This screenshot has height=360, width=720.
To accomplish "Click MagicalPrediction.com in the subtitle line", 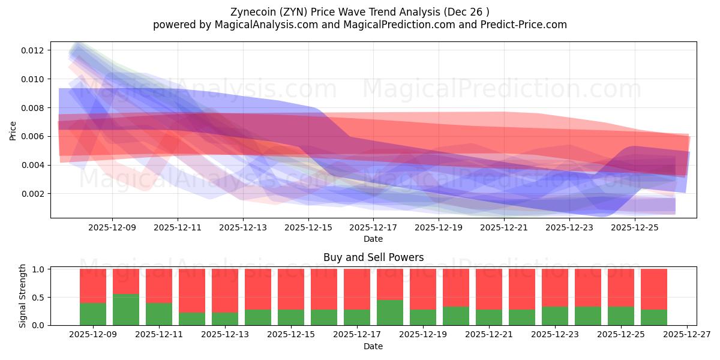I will tap(389, 25).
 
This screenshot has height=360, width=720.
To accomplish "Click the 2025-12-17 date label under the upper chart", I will tap(373, 228).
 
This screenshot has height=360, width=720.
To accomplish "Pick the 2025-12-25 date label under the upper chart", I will tap(635, 228).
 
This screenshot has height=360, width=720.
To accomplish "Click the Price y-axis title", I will tap(13, 130).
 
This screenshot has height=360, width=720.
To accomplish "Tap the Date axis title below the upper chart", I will tap(373, 239).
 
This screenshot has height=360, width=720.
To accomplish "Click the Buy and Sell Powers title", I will tap(373, 257).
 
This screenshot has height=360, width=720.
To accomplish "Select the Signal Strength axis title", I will tap(23, 296).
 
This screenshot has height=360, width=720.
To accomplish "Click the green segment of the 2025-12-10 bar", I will tap(126, 310).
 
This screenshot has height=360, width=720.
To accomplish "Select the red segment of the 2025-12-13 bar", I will tap(225, 290).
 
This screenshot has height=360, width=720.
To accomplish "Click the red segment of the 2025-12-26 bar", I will tap(654, 289).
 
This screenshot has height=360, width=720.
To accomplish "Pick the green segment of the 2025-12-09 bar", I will tap(93, 314).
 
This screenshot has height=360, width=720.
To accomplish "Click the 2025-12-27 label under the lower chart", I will tap(687, 335).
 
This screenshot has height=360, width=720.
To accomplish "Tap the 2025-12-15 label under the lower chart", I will tap(291, 335).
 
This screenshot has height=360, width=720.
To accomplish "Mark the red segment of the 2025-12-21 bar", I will tap(489, 289).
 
